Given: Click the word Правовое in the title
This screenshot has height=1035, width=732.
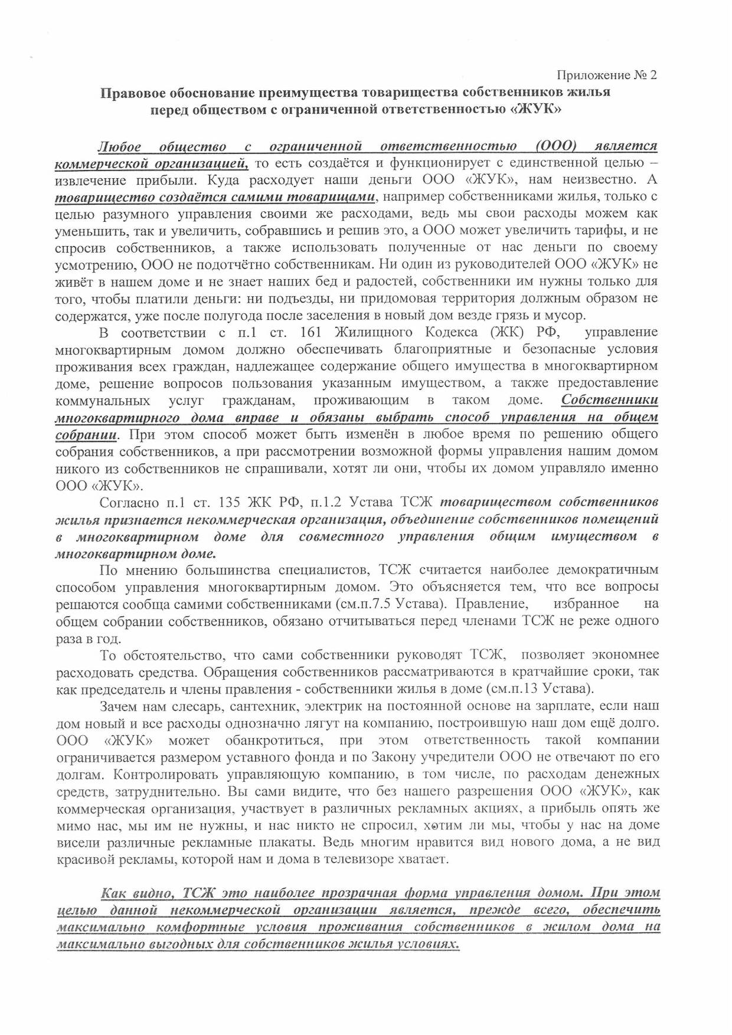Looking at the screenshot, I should [131, 93].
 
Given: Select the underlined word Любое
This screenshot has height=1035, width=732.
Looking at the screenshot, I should [119, 146].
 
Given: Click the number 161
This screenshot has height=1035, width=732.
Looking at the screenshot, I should [311, 332].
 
